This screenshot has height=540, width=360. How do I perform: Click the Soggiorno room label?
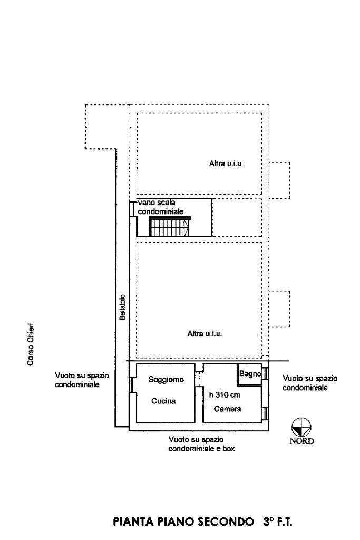coord(166,379)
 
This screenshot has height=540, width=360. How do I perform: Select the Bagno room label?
coord(250,374)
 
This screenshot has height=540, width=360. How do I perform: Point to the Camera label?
coord(227,409)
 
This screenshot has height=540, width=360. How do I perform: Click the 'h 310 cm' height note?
coord(225,394)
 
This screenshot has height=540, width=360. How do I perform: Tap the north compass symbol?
coord(301,426)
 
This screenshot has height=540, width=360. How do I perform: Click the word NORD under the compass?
coord(302,441)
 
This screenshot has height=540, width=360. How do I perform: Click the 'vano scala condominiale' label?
coord(161,207)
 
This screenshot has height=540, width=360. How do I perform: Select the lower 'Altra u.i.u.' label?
coord(205,333)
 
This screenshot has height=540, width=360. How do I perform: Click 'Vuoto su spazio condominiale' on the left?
coord(82,380)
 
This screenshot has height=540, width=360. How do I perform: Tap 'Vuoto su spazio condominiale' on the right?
coord(310,383)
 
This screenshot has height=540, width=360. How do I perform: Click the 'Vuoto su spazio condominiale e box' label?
coord(201,444)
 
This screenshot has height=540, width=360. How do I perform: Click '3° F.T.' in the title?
coord(277,523)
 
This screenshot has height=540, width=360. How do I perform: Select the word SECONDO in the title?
coord(224,523)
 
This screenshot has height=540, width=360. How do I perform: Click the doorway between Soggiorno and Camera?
coord(199,379)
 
